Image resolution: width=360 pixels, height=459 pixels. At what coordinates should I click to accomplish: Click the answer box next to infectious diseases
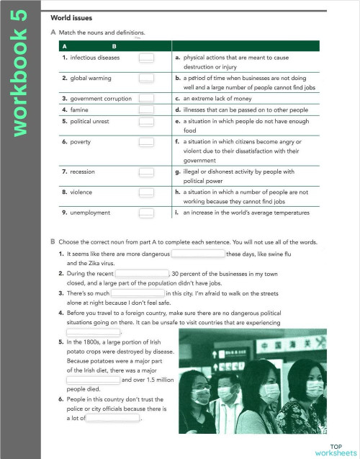tap(147, 57)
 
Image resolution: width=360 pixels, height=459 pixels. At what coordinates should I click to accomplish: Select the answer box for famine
tap(147, 110)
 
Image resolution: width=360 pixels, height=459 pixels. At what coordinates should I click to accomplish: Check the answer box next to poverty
tap(147, 143)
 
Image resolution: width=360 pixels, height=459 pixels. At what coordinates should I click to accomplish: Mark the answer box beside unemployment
tap(147, 213)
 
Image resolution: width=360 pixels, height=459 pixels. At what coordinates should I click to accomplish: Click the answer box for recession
tap(147, 173)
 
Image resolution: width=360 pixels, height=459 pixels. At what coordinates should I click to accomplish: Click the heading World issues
tap(71, 17)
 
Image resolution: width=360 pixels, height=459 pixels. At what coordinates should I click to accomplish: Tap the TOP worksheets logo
tap(335, 450)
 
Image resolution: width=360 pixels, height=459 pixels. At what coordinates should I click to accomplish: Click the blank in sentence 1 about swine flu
tap(197, 254)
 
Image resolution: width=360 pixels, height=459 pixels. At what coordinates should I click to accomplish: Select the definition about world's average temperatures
tap(245, 213)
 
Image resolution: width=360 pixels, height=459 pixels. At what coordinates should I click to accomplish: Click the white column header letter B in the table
tap(114, 45)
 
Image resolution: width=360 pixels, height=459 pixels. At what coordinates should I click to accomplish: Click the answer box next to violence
tap(147, 193)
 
